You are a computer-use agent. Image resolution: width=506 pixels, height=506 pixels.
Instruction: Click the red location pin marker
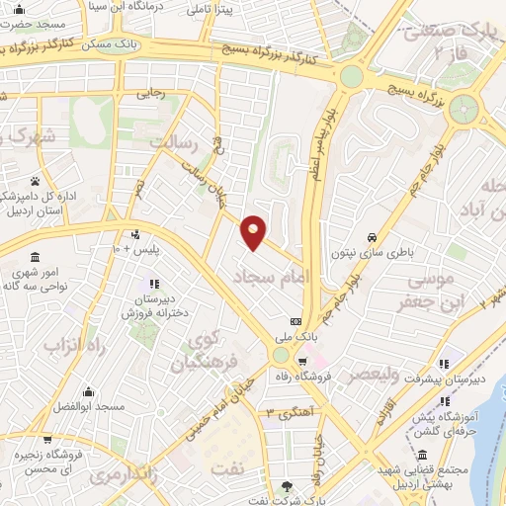pyautogui.click(x=254, y=232)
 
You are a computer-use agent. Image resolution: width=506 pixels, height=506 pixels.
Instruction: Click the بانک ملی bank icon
pyautogui.click(x=295, y=322)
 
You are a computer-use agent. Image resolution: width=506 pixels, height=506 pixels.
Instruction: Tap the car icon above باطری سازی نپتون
pyautogui.click(x=370, y=238)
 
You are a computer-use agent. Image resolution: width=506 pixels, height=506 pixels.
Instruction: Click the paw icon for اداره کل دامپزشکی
pyautogui.click(x=37, y=181)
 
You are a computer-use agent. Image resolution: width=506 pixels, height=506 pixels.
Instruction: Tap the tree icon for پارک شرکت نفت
pyautogui.click(x=287, y=485)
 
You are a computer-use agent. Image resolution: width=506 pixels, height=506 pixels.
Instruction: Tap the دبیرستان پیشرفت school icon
pyautogui.click(x=446, y=362)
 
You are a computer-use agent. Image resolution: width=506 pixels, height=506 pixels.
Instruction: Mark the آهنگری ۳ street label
pyautogui.click(x=289, y=410)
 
